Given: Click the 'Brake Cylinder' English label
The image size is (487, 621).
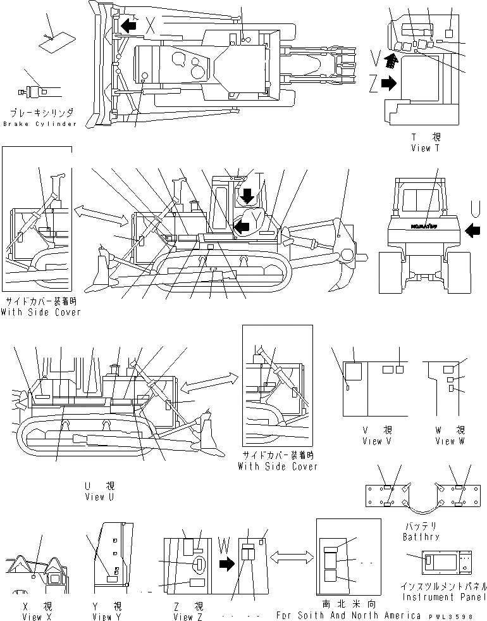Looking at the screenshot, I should coord(39,123).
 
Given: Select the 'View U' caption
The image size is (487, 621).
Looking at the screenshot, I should coord(99,497).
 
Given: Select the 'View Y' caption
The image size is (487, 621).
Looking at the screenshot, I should coord(106,617).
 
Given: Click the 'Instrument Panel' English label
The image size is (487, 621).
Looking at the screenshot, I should coord(444,596).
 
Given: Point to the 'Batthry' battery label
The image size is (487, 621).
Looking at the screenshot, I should coord(421,537).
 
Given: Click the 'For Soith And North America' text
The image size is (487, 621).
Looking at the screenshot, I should coord(348,615).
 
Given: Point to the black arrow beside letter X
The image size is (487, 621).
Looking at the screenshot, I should coord(130,25).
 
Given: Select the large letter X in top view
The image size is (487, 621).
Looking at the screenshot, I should coord(151,25).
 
